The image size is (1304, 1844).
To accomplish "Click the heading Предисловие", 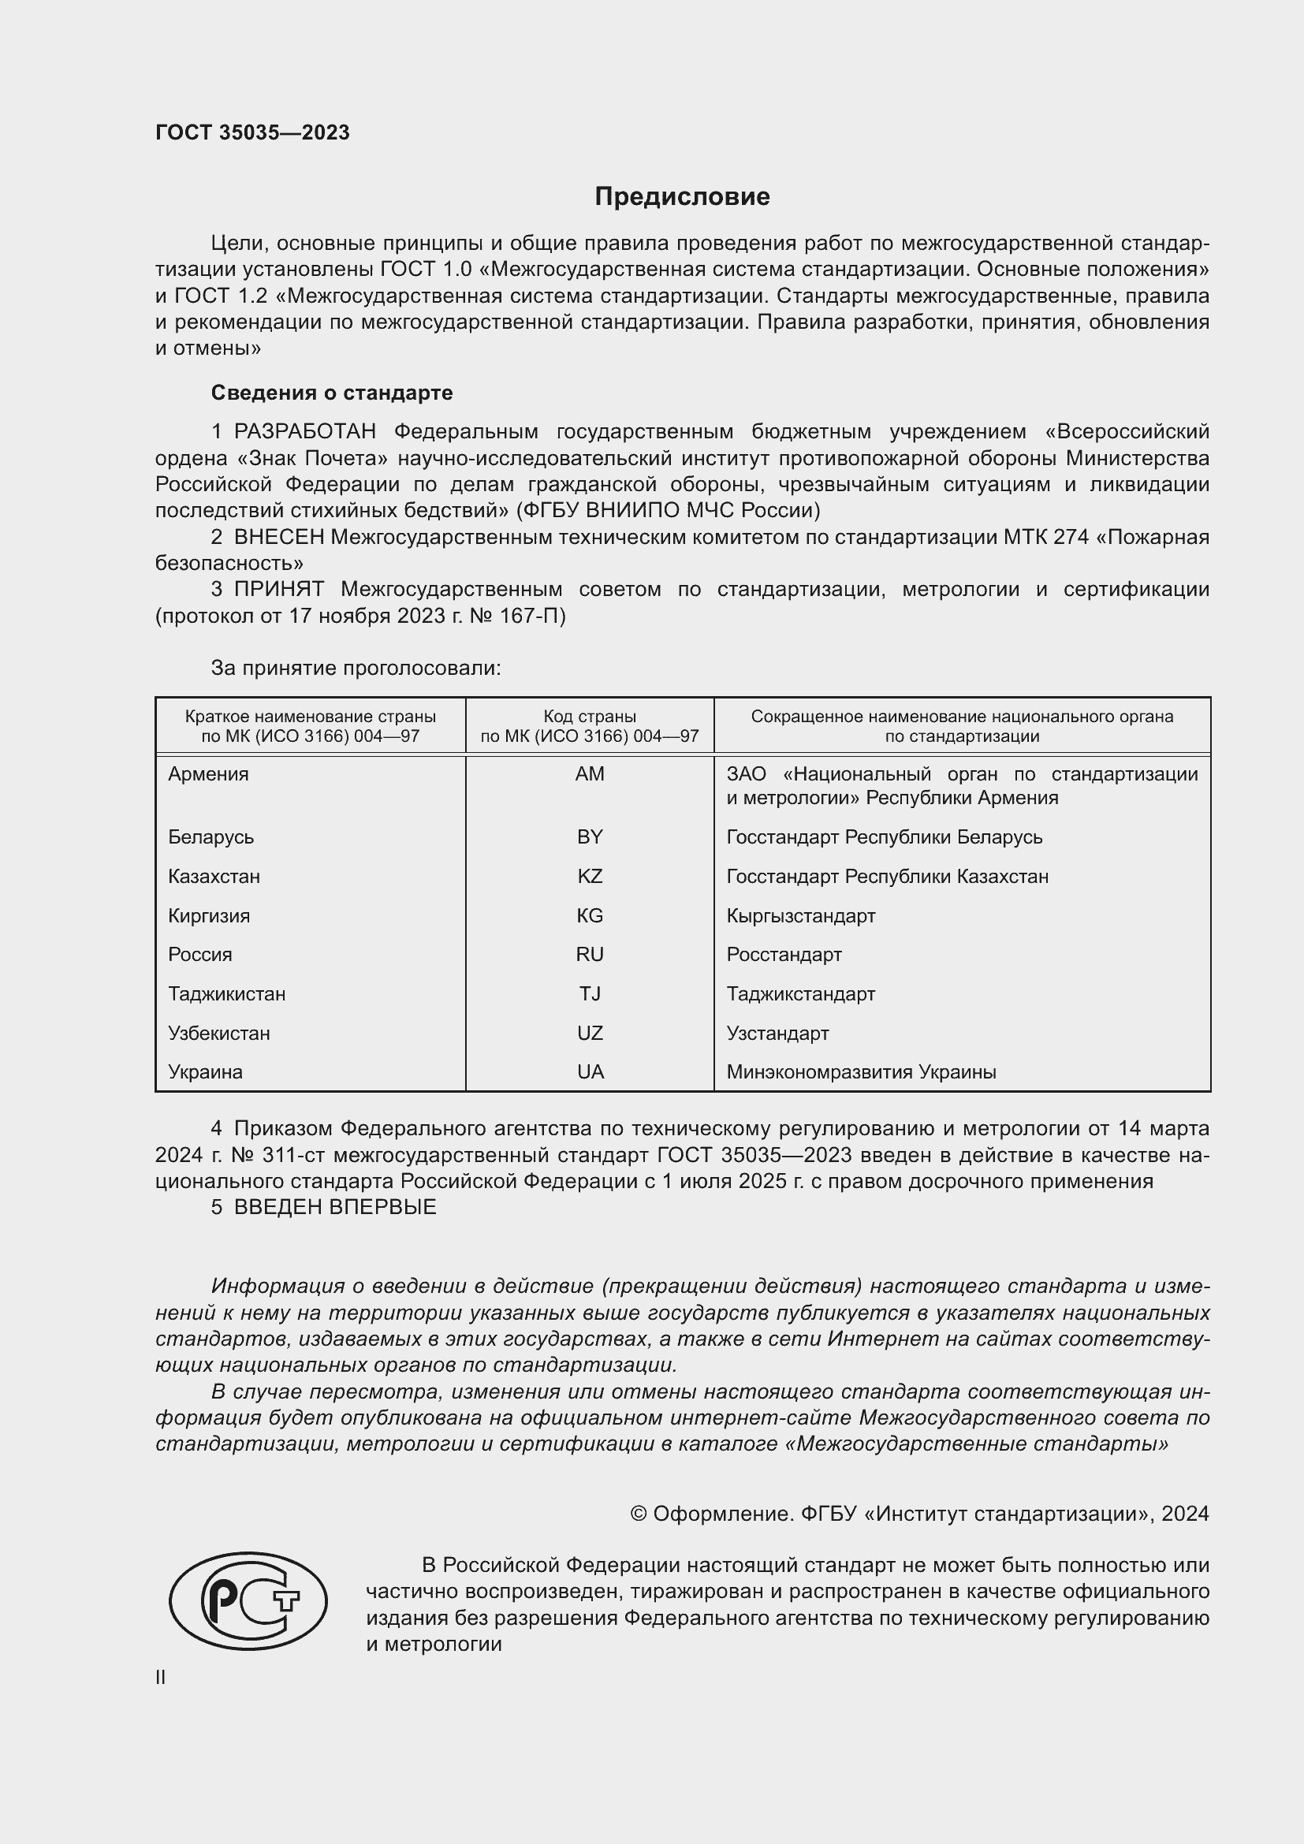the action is pos(682,197).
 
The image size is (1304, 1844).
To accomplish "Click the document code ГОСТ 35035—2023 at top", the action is pos(252,132).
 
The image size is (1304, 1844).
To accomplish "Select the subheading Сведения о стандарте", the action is pos(332,393).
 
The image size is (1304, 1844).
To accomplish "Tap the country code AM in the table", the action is pos(590,774).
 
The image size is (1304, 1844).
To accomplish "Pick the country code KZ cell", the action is pos(590,876).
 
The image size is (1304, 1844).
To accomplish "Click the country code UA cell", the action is pos(590,1072).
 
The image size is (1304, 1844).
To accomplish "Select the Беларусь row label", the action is pos(211,837).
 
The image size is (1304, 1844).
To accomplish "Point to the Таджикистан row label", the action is pos(226,994).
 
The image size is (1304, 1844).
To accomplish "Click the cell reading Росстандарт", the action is pos(784,955).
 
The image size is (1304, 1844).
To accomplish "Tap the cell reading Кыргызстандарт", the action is pos(800,915).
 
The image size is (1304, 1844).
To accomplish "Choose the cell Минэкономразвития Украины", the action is pos(861,1072).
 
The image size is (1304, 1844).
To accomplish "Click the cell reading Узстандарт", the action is pos(777,1033).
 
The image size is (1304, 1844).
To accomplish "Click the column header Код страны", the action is pos(590,717).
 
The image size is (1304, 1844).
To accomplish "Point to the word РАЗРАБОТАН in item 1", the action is pos(304,432).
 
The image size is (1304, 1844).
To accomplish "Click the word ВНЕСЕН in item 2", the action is pos(278,538).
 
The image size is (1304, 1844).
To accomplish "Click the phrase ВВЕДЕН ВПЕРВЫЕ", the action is pos(335,1207).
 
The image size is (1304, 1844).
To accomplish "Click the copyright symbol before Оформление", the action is pos(639,1514).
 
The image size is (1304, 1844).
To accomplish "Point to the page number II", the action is pos(161,1677).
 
